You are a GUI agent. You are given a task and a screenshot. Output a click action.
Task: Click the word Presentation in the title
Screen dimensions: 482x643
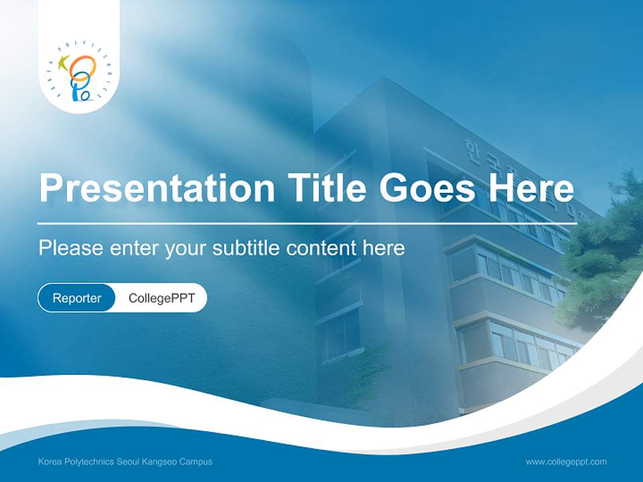[156, 188]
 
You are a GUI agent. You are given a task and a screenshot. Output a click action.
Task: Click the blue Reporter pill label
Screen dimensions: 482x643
[77, 298]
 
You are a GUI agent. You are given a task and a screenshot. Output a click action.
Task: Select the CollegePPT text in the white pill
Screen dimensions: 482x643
[161, 298]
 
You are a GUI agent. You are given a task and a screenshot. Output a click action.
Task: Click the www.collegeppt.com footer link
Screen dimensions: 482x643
[566, 461]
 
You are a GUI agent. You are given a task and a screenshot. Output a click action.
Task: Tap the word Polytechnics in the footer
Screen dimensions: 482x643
[89, 462]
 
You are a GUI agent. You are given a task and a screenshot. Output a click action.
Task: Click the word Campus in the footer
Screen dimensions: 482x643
[196, 462]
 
